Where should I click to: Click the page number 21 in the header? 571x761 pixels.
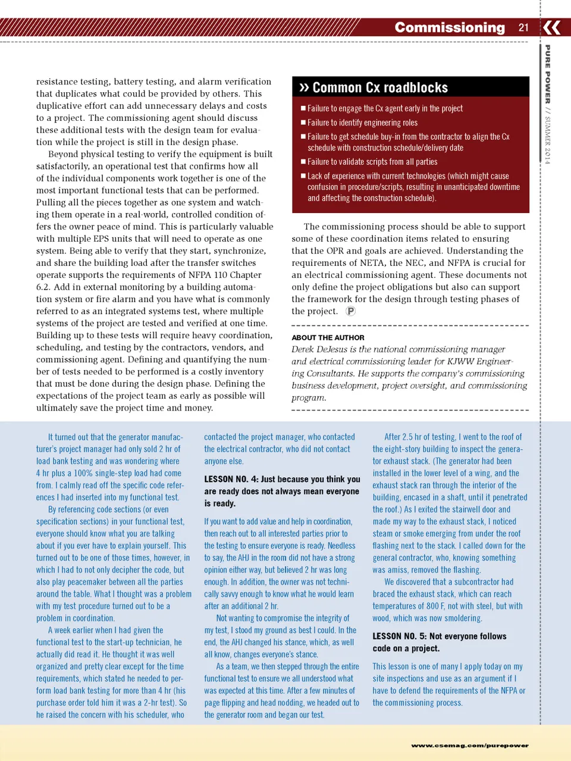click(x=523, y=27)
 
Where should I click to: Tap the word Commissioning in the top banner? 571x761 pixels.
click(x=450, y=27)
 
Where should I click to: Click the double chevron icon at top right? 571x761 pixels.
click(x=552, y=27)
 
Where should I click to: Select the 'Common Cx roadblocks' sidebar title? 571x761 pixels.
click(x=380, y=87)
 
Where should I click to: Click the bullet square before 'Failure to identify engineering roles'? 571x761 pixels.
click(x=303, y=122)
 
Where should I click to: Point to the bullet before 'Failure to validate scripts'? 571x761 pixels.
click(x=303, y=161)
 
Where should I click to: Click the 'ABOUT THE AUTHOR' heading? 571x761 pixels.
click(x=328, y=337)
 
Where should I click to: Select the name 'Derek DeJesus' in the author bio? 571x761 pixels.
click(x=319, y=349)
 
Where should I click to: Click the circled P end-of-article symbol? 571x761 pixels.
click(x=351, y=311)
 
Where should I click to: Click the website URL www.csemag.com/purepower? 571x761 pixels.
click(x=469, y=745)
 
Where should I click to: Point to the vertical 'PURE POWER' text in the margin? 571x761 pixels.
click(x=548, y=74)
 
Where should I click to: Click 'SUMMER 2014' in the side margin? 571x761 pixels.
click(x=548, y=140)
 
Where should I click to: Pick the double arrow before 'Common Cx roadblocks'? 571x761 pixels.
click(x=304, y=87)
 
